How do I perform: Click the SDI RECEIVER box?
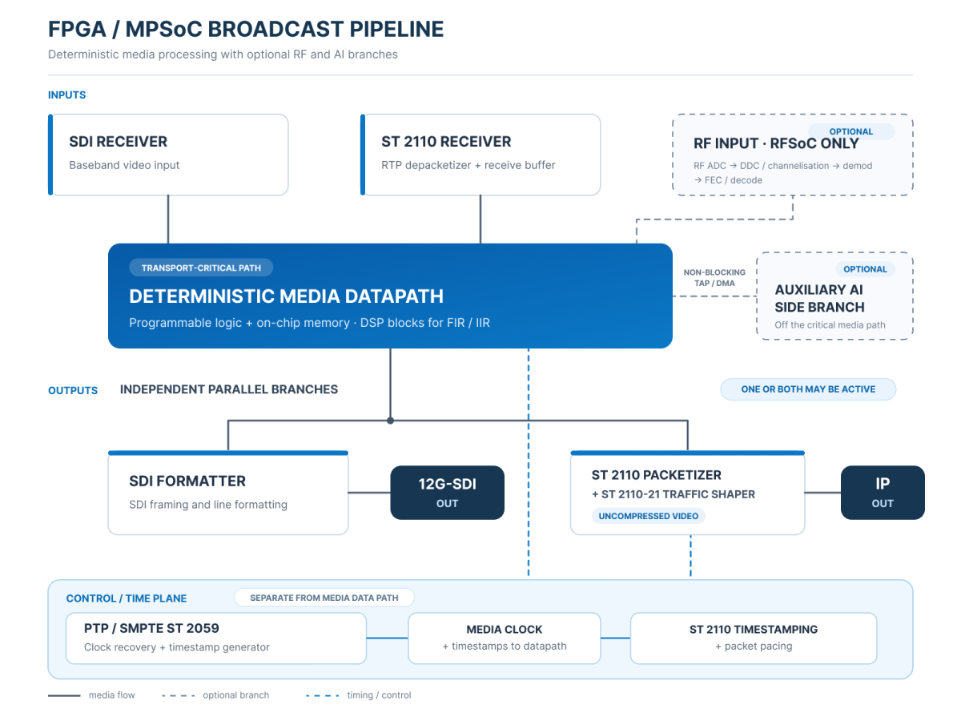[168, 155]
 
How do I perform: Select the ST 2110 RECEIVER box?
[480, 155]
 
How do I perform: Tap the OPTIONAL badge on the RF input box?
[850, 131]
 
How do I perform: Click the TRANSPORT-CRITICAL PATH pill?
[201, 268]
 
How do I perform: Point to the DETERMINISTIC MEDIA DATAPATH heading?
[286, 296]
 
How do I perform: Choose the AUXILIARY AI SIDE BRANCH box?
[834, 296]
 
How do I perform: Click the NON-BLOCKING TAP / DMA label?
[714, 278]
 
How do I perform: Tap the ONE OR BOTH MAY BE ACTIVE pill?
[808, 389]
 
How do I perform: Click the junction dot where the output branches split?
[391, 421]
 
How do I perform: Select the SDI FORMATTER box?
[228, 493]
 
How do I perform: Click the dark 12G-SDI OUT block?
[447, 493]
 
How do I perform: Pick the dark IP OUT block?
[883, 493]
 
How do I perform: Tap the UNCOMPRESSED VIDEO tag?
[648, 516]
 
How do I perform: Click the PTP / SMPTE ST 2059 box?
[216, 639]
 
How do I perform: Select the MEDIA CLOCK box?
[504, 639]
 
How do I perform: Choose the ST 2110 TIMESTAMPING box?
[754, 639]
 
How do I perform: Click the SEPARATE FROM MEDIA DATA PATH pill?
[324, 598]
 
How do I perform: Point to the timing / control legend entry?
[358, 695]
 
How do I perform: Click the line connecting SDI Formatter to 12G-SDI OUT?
[369, 493]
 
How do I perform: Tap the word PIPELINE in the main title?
[396, 29]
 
